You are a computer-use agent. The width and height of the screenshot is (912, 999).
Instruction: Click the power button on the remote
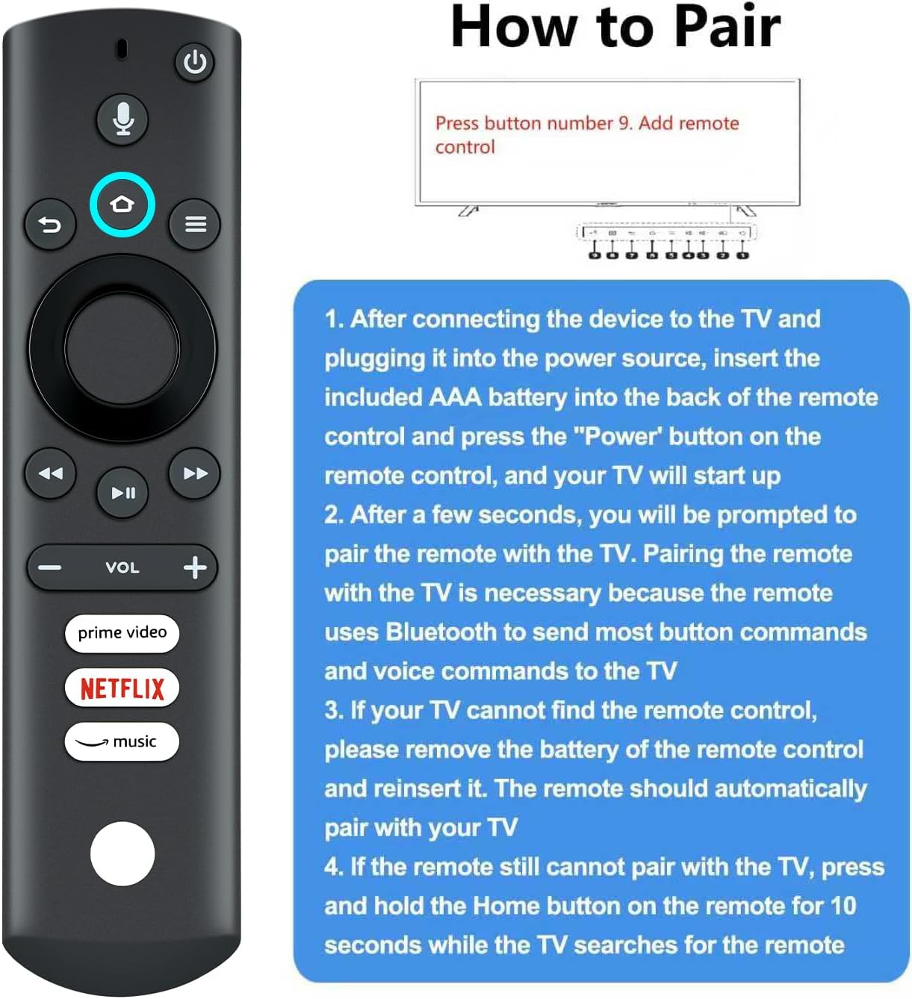coord(195,62)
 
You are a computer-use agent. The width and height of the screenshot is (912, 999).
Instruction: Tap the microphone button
coord(123,119)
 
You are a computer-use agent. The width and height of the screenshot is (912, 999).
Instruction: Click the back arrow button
coord(50,224)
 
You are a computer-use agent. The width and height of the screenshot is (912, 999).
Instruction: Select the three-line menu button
coord(195,224)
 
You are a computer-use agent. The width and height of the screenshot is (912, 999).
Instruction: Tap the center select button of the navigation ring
coord(122,348)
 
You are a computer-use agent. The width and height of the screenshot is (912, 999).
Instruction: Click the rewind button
coord(50,473)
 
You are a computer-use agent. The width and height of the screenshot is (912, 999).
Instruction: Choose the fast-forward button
coord(195,473)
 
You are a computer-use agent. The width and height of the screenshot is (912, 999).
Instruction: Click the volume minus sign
coord(49,567)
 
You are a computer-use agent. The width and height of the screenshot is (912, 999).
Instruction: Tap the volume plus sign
coord(195,567)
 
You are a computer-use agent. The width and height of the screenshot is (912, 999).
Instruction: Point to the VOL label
coord(122,567)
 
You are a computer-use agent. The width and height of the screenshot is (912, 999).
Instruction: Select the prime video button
coord(122,632)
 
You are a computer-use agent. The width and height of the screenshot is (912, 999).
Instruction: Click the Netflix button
coord(122,688)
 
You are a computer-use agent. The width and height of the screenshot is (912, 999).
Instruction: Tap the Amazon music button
coord(122,741)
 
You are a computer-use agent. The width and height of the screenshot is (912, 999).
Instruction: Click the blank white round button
coord(122,853)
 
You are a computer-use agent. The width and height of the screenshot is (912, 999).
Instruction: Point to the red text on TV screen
coord(586,134)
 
